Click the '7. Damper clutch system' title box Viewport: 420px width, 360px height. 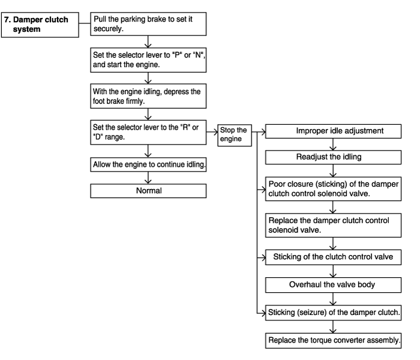pos(40,25)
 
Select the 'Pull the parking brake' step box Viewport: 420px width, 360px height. pos(148,24)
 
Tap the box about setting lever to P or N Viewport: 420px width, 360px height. pos(148,60)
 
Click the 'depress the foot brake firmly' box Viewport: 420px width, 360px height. pos(148,96)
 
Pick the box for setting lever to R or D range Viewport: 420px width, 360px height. pos(148,133)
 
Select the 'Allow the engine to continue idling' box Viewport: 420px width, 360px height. pos(148,164)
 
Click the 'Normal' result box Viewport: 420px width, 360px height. pos(148,191)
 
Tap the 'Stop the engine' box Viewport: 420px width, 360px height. pos(235,135)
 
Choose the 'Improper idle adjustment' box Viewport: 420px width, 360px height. pos(333,131)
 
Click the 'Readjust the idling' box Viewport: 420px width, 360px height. pos(333,157)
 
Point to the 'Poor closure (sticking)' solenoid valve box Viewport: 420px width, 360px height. pos(333,189)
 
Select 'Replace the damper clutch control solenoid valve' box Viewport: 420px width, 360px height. pos(333,225)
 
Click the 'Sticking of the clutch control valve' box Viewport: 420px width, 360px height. pos(333,257)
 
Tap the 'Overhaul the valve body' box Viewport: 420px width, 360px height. pos(333,285)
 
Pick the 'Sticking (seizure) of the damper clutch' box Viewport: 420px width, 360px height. pos(333,313)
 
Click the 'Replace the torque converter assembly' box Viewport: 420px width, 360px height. pos(333,340)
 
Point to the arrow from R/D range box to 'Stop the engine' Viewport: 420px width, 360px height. pos(212,132)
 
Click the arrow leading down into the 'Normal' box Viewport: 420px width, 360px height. pos(148,178)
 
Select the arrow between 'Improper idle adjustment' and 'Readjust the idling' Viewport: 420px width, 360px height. pos(333,145)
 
